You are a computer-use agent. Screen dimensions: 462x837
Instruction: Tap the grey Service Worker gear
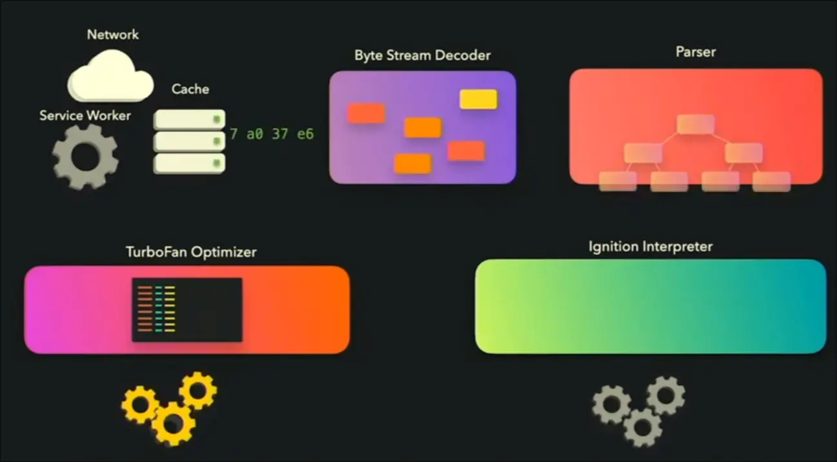[85, 156]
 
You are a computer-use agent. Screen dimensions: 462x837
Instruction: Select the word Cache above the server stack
[190, 89]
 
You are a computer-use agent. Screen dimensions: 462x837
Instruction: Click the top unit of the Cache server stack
[189, 119]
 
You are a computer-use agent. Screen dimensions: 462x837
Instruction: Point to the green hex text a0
[254, 134]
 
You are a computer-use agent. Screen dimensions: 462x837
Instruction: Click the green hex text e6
[305, 134]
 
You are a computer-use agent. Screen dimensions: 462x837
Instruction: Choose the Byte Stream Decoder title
[422, 55]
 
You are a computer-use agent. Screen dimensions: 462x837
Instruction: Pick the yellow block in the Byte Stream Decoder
[478, 99]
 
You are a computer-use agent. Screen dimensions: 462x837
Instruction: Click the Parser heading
[695, 52]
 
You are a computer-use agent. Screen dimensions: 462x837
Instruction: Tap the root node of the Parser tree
[695, 124]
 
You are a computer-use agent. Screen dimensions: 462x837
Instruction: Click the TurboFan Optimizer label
[191, 251]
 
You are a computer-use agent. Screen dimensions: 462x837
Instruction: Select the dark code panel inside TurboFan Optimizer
[187, 310]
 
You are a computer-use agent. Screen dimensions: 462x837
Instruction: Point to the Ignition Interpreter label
[650, 246]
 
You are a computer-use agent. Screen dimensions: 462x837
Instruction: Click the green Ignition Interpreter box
[650, 306]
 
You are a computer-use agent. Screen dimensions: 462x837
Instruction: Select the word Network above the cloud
[112, 34]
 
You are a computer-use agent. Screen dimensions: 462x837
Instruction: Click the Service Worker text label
[85, 116]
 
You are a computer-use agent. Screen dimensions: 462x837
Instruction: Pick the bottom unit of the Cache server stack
[189, 163]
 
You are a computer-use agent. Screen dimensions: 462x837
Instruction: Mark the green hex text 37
[280, 134]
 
